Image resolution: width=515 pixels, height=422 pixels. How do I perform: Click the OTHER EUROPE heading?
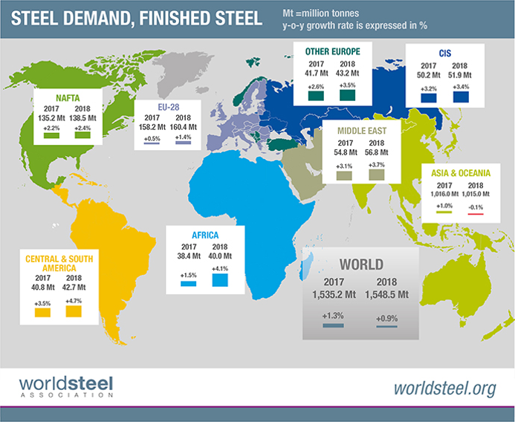point(333,51)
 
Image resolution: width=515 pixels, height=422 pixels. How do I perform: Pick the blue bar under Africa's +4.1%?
point(220,280)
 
